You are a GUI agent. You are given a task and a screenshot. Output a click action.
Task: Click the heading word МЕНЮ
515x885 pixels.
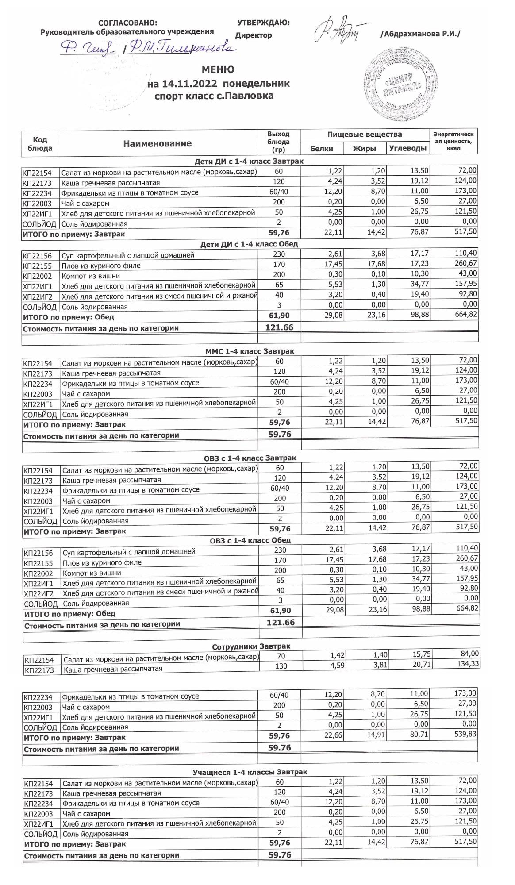point(218,70)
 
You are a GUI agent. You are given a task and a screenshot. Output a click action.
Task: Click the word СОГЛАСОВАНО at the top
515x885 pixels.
point(127,23)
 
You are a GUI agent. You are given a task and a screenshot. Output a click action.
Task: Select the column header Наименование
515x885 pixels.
point(157,143)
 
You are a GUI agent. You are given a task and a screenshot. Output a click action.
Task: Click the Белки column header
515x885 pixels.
point(322,149)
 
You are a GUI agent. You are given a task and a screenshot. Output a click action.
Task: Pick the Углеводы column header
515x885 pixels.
point(408,149)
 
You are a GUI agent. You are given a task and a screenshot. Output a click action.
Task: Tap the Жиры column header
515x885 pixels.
point(365,149)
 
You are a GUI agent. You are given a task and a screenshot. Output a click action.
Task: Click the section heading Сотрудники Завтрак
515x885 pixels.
point(251,646)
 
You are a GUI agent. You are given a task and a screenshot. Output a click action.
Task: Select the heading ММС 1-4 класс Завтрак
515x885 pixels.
point(250,351)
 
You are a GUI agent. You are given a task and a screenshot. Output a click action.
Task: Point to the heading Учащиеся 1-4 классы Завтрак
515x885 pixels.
point(250,772)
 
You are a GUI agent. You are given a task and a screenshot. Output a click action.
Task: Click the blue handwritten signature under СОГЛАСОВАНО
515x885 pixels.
point(146,48)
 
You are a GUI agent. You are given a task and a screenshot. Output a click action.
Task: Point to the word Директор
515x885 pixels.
point(254,35)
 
